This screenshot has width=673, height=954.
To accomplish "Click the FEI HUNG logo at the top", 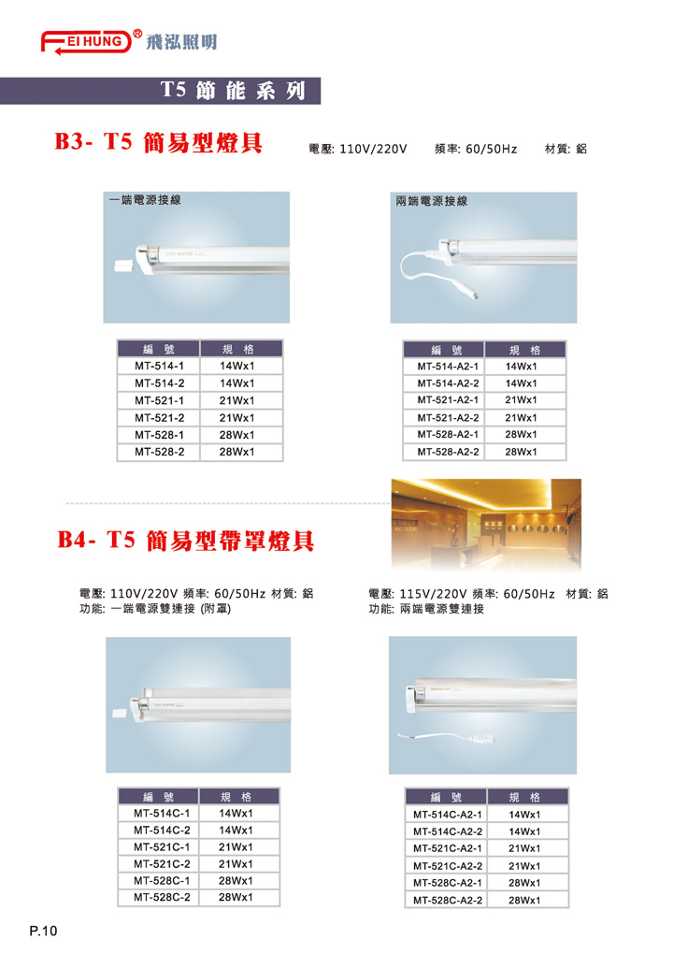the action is (x=86, y=42).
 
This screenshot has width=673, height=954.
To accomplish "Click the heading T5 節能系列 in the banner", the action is (x=233, y=91).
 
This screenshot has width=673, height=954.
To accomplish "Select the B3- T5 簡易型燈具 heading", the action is (x=159, y=142).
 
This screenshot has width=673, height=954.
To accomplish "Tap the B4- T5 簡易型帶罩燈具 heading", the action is (x=186, y=541).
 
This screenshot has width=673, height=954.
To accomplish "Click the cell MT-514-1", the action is (x=159, y=367).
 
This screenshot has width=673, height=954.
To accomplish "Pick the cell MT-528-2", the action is (x=159, y=452).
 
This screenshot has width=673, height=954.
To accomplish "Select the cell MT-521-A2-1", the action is (x=448, y=400).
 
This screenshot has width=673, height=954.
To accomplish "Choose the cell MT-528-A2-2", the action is (x=448, y=452).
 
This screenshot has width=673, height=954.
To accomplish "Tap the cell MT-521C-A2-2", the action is (x=448, y=866).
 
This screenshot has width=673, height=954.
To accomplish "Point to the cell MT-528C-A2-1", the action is (x=448, y=883).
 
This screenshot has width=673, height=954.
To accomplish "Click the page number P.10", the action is (x=43, y=931).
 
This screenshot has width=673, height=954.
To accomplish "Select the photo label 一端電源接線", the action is (x=145, y=200).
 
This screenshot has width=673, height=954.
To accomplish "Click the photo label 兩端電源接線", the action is (x=432, y=201).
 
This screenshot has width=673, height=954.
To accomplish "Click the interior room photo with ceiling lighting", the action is (x=486, y=525).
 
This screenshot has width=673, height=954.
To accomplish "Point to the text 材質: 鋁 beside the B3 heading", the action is (x=566, y=149).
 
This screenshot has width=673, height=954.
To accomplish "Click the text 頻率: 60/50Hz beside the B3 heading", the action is (x=476, y=149).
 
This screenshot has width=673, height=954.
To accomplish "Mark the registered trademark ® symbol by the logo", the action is (x=138, y=35).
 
